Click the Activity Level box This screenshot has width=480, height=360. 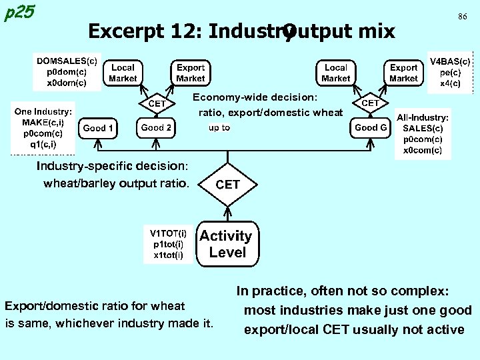pos(226,244)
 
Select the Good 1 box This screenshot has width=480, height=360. pos(98,128)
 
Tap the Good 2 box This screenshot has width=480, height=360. pos(157,127)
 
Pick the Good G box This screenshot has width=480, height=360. pos(370,127)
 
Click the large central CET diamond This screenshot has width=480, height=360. pos(227,184)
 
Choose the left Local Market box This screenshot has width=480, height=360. pos(123,73)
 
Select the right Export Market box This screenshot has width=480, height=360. pos(403,73)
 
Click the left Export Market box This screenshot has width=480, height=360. pos(191,73)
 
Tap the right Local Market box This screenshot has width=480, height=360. pos(335,73)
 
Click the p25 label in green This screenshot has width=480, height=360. pos(19,13)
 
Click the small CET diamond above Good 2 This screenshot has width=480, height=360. pos(157,103)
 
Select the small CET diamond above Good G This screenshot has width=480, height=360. pos(370,103)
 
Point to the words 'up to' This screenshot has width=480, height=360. pos(219,127)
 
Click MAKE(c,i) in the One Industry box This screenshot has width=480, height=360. pos(44,123)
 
